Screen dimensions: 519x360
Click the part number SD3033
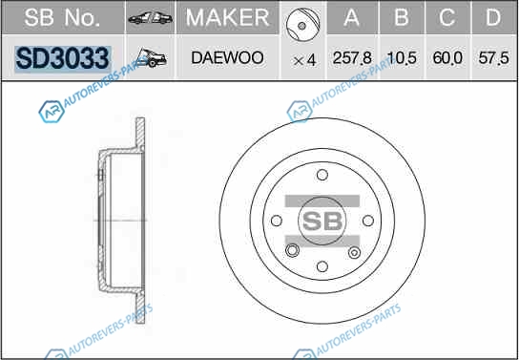coord(62,58)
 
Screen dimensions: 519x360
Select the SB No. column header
coord(62,17)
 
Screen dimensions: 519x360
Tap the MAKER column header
coord(227,17)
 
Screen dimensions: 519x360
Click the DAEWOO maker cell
coord(227,58)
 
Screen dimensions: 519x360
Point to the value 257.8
coord(352,58)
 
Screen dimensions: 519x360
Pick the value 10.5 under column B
coord(402,58)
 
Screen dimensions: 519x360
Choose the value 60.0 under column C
coord(447,58)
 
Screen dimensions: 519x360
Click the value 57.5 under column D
coord(493,58)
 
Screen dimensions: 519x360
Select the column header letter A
coord(351,17)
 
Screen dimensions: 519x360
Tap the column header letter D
coord(493,17)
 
